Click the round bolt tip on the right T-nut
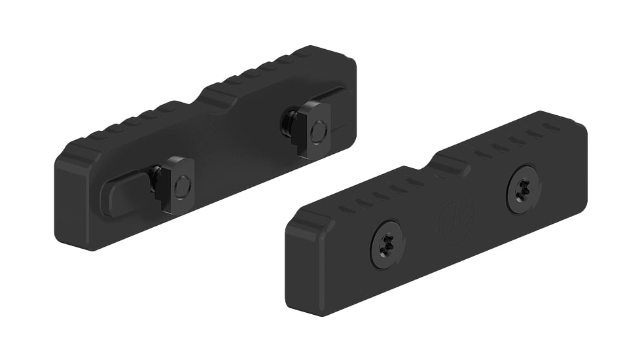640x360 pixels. [318, 132]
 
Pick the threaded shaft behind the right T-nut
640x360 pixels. [289, 122]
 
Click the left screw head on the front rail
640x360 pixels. [387, 243]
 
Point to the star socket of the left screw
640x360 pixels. [387, 243]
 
